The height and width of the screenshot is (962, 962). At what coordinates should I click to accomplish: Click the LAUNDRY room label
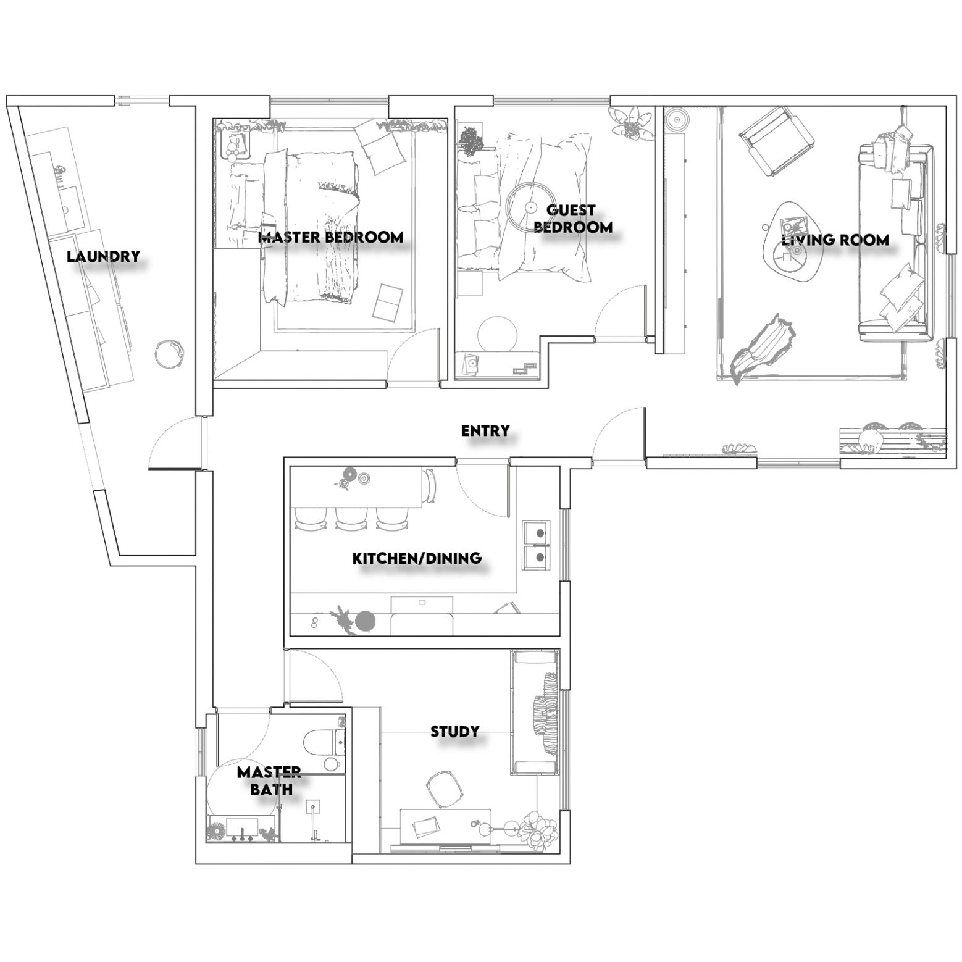tap(104, 256)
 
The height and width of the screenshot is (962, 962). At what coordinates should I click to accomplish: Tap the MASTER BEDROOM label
tap(330, 236)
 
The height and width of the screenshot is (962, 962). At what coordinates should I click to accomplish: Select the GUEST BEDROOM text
tap(572, 219)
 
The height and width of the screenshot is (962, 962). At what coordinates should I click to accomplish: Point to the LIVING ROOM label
tap(835, 240)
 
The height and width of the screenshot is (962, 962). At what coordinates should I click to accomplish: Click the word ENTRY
tap(485, 430)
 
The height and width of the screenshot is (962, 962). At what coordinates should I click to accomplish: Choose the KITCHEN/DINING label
tap(417, 558)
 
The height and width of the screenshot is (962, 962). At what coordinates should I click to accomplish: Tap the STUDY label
tap(454, 732)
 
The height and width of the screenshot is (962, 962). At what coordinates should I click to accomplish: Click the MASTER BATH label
tap(269, 780)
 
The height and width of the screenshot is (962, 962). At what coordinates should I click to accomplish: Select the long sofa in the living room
tap(895, 242)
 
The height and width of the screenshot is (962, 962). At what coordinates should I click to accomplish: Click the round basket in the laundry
tap(169, 354)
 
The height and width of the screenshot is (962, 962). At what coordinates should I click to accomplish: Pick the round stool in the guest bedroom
tap(500, 334)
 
